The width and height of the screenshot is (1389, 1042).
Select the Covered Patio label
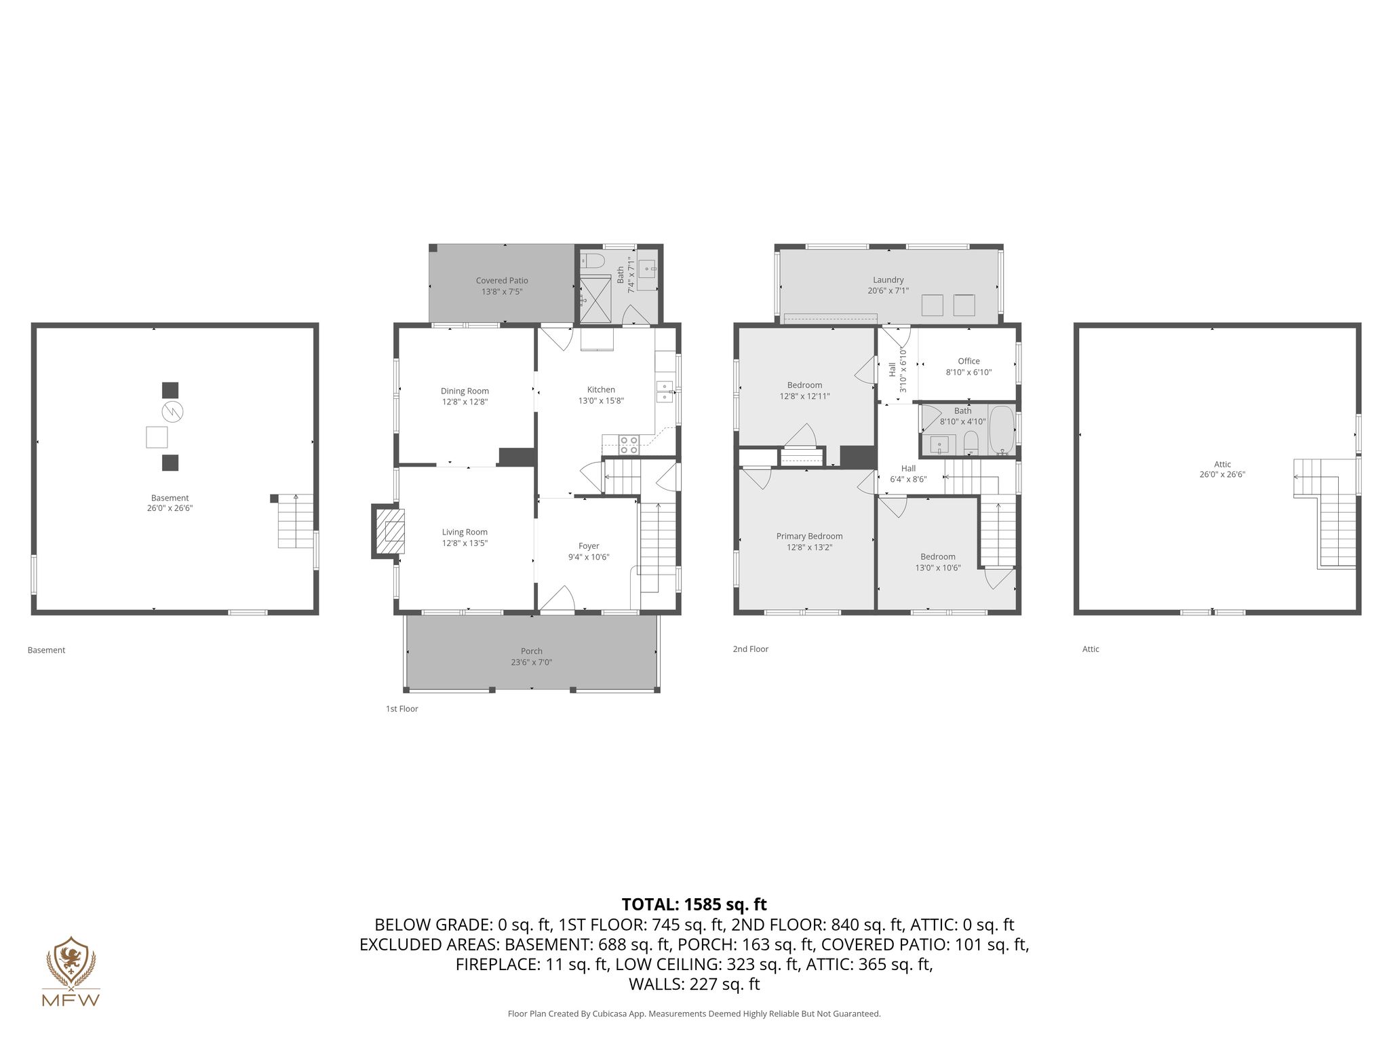point(502,281)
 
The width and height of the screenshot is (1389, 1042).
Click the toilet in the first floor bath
point(591,261)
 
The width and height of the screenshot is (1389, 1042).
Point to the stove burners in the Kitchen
point(628,445)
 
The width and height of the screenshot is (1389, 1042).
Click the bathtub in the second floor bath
point(1001,430)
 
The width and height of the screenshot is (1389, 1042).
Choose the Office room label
point(969,362)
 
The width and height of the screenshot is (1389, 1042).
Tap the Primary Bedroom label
point(809,536)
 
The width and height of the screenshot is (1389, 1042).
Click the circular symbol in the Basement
point(172,411)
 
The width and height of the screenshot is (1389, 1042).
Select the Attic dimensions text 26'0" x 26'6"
point(1222,475)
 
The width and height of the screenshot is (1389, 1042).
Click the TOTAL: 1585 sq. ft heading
point(694,904)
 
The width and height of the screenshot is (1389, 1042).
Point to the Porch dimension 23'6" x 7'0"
point(532,662)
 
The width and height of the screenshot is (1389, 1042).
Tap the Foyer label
point(589,546)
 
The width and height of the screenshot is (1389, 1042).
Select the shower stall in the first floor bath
point(593,299)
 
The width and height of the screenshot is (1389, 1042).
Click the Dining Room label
point(465,391)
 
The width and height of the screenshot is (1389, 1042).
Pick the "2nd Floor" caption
point(750,649)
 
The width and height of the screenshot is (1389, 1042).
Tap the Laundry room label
point(888,279)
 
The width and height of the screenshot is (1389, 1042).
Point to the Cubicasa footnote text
point(694,1014)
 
